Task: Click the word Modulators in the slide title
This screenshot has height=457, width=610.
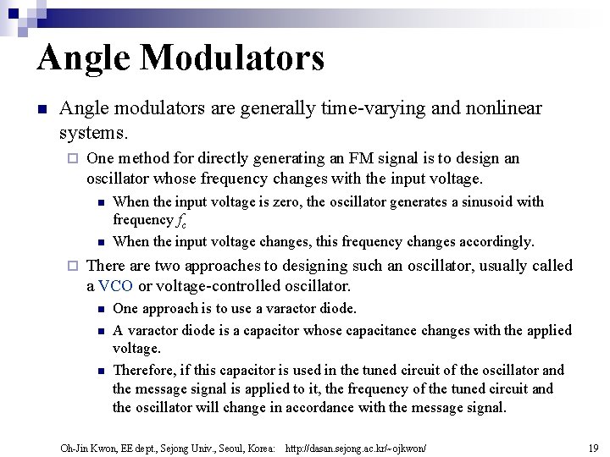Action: [234, 58]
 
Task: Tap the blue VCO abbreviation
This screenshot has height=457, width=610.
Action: [115, 286]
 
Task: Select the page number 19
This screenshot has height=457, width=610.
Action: [592, 447]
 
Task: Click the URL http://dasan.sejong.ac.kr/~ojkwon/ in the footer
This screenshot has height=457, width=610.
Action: [357, 447]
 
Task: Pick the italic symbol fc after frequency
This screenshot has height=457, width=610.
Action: [181, 221]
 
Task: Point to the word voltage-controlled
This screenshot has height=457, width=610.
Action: [220, 286]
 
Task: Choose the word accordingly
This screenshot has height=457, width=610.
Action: [499, 241]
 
